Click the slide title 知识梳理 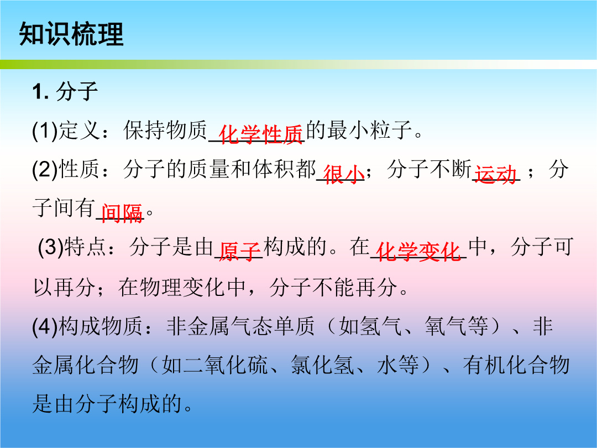(71, 34)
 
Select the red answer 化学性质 (260, 134)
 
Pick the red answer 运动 (495, 175)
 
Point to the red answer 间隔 (122, 213)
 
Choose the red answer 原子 (239, 252)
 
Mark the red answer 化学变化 (418, 252)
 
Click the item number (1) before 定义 (45, 131)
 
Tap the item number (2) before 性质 (45, 170)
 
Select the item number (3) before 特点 (51, 247)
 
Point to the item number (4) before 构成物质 (45, 326)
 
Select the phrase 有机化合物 (516, 365)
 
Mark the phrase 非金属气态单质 (240, 326)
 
